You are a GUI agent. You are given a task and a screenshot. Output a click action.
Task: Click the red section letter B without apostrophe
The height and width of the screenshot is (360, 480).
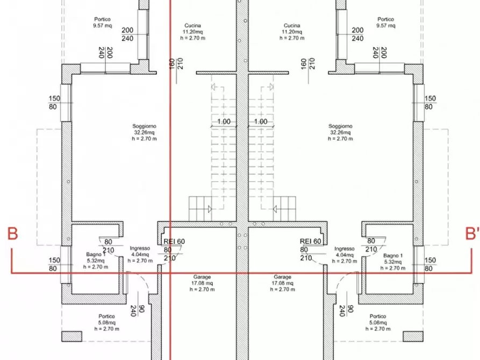(x=13, y=234)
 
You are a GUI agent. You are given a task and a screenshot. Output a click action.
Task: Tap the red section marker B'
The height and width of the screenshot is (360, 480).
(x=471, y=234)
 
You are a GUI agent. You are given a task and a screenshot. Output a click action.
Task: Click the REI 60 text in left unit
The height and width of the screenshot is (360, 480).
(x=174, y=241)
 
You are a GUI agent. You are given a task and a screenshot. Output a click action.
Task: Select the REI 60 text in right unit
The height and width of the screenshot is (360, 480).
(x=310, y=241)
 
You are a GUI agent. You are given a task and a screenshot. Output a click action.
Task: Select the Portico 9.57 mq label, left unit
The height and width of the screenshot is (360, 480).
(x=102, y=22)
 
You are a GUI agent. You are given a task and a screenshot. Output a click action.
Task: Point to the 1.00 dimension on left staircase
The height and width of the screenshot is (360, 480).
(x=224, y=122)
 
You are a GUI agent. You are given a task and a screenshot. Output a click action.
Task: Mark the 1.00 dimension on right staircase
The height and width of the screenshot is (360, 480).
(x=260, y=122)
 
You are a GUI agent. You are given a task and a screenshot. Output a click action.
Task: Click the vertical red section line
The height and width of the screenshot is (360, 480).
(x=170, y=161)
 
